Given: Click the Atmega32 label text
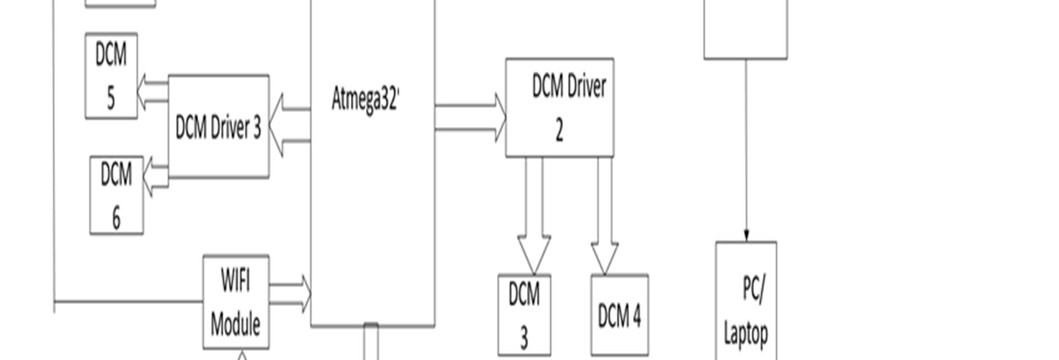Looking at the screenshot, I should [x=365, y=99].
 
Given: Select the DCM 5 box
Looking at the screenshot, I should [x=111, y=76].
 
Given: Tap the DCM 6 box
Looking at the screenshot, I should [x=117, y=195].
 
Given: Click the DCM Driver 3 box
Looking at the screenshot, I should [x=218, y=127].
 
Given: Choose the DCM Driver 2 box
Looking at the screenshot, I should [x=560, y=108].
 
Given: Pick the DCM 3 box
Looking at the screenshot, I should [x=524, y=315].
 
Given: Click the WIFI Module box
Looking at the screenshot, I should [x=236, y=302].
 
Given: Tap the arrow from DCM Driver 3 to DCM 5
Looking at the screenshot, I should [x=152, y=92].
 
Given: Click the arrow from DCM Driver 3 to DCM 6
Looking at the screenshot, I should [x=155, y=176].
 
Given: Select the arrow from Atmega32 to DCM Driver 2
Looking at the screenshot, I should [x=470, y=117].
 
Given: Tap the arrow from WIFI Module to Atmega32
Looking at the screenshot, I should [x=290, y=294].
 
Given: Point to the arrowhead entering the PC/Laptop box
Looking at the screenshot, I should [x=746, y=236].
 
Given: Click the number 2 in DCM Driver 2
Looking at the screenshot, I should [x=559, y=130].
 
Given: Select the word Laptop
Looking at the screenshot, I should [x=746, y=334].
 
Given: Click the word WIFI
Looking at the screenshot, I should [x=235, y=281].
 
